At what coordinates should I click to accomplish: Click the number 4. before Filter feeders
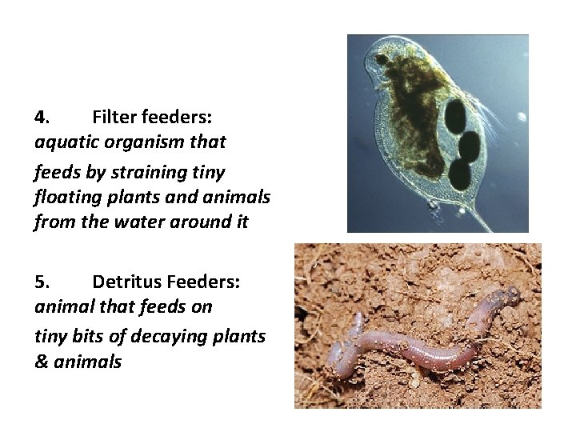coord(42,117)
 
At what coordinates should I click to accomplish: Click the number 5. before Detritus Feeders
coord(42,282)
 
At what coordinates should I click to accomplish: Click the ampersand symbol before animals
coord(42,362)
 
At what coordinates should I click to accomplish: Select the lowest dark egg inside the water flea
coord(460,173)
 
